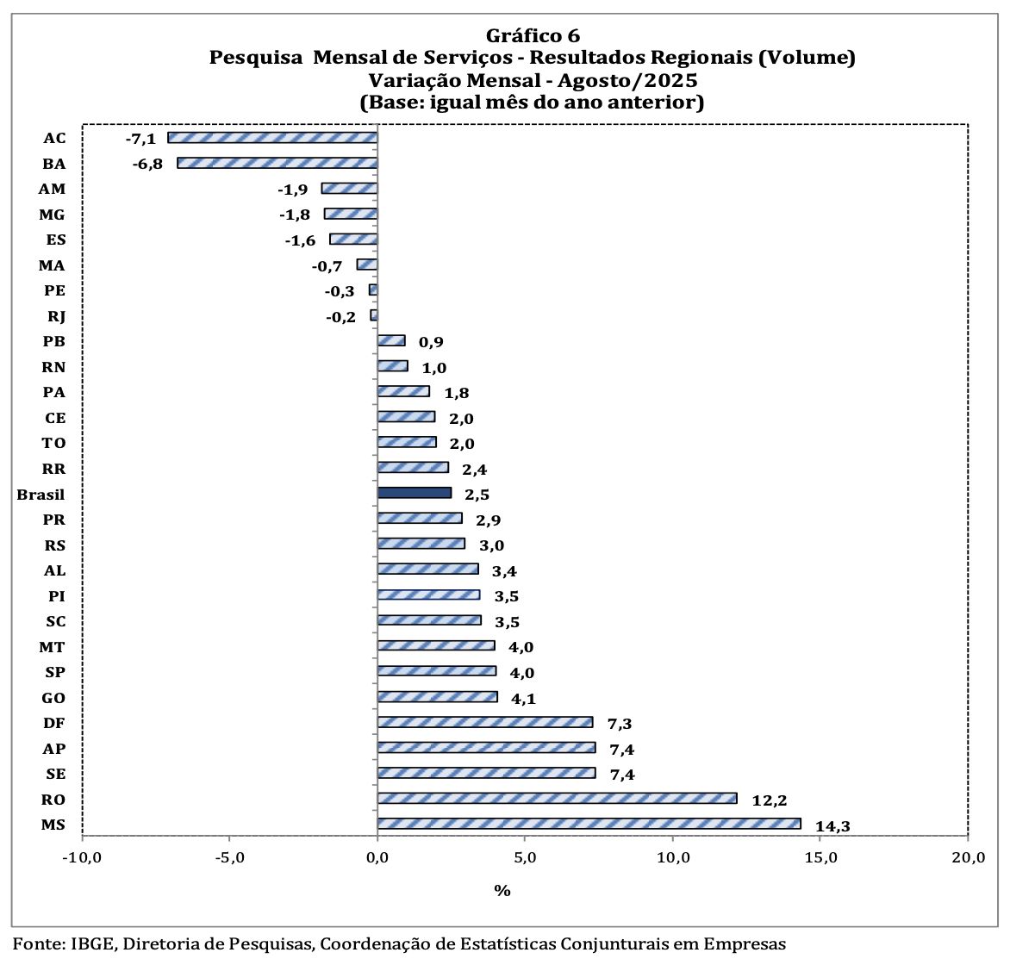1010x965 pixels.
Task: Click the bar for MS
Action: point(589,824)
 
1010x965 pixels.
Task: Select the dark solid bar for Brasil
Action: point(414,493)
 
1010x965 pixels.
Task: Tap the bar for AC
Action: point(272,138)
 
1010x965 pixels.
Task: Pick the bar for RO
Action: point(557,799)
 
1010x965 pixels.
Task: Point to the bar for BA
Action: point(277,163)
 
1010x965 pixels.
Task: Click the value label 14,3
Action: point(832,826)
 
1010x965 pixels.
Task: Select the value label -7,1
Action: point(140,139)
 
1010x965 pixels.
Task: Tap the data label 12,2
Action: point(769,800)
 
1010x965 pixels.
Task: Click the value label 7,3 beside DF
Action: point(620,724)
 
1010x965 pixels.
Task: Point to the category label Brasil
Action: point(41,495)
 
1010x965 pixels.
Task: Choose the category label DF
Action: point(53,724)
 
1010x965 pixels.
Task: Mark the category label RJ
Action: point(57,316)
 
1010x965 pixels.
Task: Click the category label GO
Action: point(53,698)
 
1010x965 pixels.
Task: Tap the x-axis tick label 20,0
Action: point(968,857)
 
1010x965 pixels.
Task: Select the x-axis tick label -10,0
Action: point(82,857)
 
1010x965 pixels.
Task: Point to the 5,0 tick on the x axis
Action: point(525,857)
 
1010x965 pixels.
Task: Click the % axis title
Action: point(502,890)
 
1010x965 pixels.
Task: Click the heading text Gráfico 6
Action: point(533,35)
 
